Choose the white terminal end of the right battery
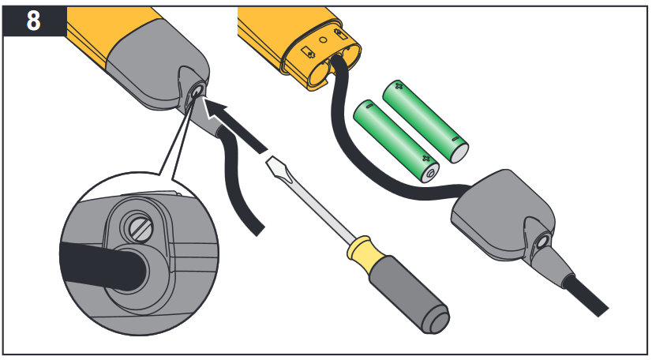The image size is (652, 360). tap(456, 150)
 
